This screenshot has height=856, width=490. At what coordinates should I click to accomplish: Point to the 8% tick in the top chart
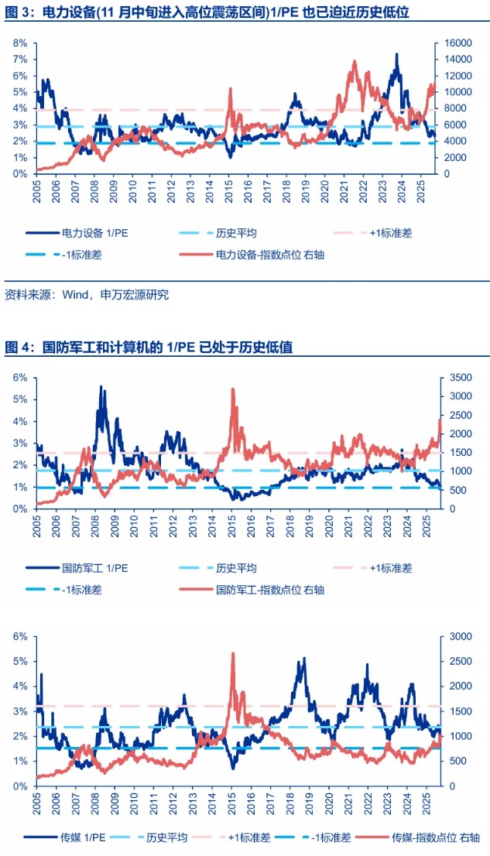pyautogui.click(x=20, y=43)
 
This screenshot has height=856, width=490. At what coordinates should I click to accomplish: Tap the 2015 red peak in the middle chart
pyautogui.click(x=233, y=389)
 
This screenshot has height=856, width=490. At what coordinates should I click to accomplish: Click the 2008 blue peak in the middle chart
pyautogui.click(x=101, y=386)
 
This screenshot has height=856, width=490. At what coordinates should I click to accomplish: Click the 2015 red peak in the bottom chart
pyautogui.click(x=233, y=654)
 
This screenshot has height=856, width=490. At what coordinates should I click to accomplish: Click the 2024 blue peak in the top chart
pyautogui.click(x=396, y=55)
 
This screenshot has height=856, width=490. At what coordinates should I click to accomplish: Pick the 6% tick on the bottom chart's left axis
pyautogui.click(x=20, y=636)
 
